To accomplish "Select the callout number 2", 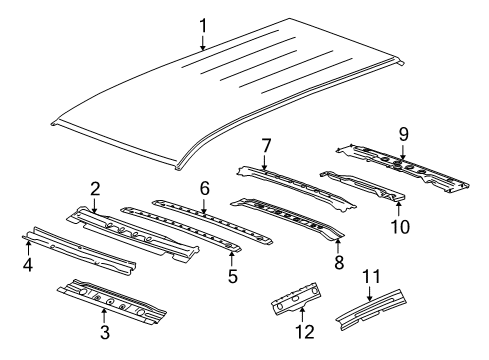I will pyautogui.click(x=94, y=188).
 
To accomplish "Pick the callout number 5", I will pyautogui.click(x=232, y=273).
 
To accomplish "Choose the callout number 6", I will pyautogui.click(x=203, y=188).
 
